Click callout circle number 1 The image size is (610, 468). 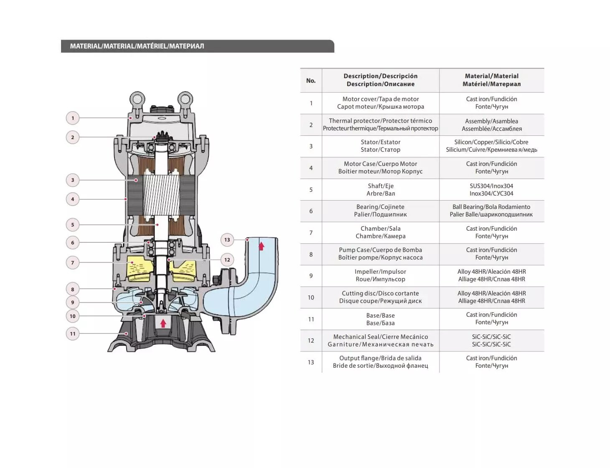click(73, 118)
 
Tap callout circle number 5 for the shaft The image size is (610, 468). click(73, 225)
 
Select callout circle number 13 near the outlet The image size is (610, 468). click(227, 240)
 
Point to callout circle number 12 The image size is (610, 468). click(227, 260)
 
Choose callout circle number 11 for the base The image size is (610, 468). click(73, 333)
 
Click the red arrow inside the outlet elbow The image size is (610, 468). click(262, 246)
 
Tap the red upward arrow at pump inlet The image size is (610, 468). click(163, 323)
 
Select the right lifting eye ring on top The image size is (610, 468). click(185, 100)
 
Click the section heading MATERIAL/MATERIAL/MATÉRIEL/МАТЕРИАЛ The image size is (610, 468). click(137, 46)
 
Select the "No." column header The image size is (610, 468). click(311, 81)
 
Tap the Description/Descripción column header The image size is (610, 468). click(380, 80)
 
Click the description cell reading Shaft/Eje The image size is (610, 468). click(380, 190)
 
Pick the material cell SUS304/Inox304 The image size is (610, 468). click(491, 190)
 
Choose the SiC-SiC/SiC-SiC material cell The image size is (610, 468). click(491, 341)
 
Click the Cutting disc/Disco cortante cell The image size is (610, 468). click(380, 297)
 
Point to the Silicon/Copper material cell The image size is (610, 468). click(491, 146)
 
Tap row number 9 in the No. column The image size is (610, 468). click(311, 276)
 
